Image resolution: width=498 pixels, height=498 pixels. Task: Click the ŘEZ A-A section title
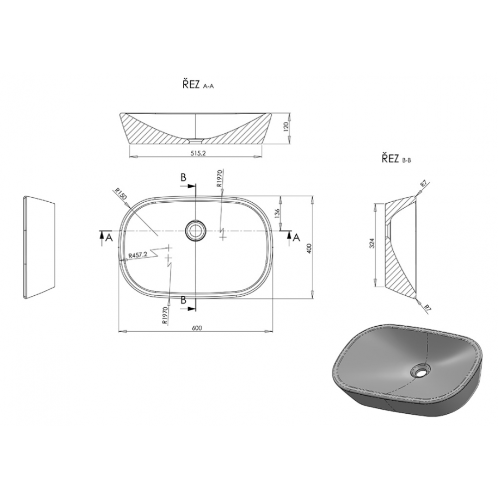click(x=198, y=85)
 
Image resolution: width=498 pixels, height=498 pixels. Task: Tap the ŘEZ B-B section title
click(x=396, y=158)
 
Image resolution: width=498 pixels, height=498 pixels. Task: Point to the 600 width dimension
click(x=197, y=328)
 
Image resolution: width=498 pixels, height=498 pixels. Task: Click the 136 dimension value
click(x=277, y=214)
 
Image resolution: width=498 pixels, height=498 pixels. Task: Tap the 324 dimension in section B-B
click(x=373, y=243)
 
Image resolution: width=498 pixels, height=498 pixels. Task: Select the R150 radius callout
click(x=121, y=194)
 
